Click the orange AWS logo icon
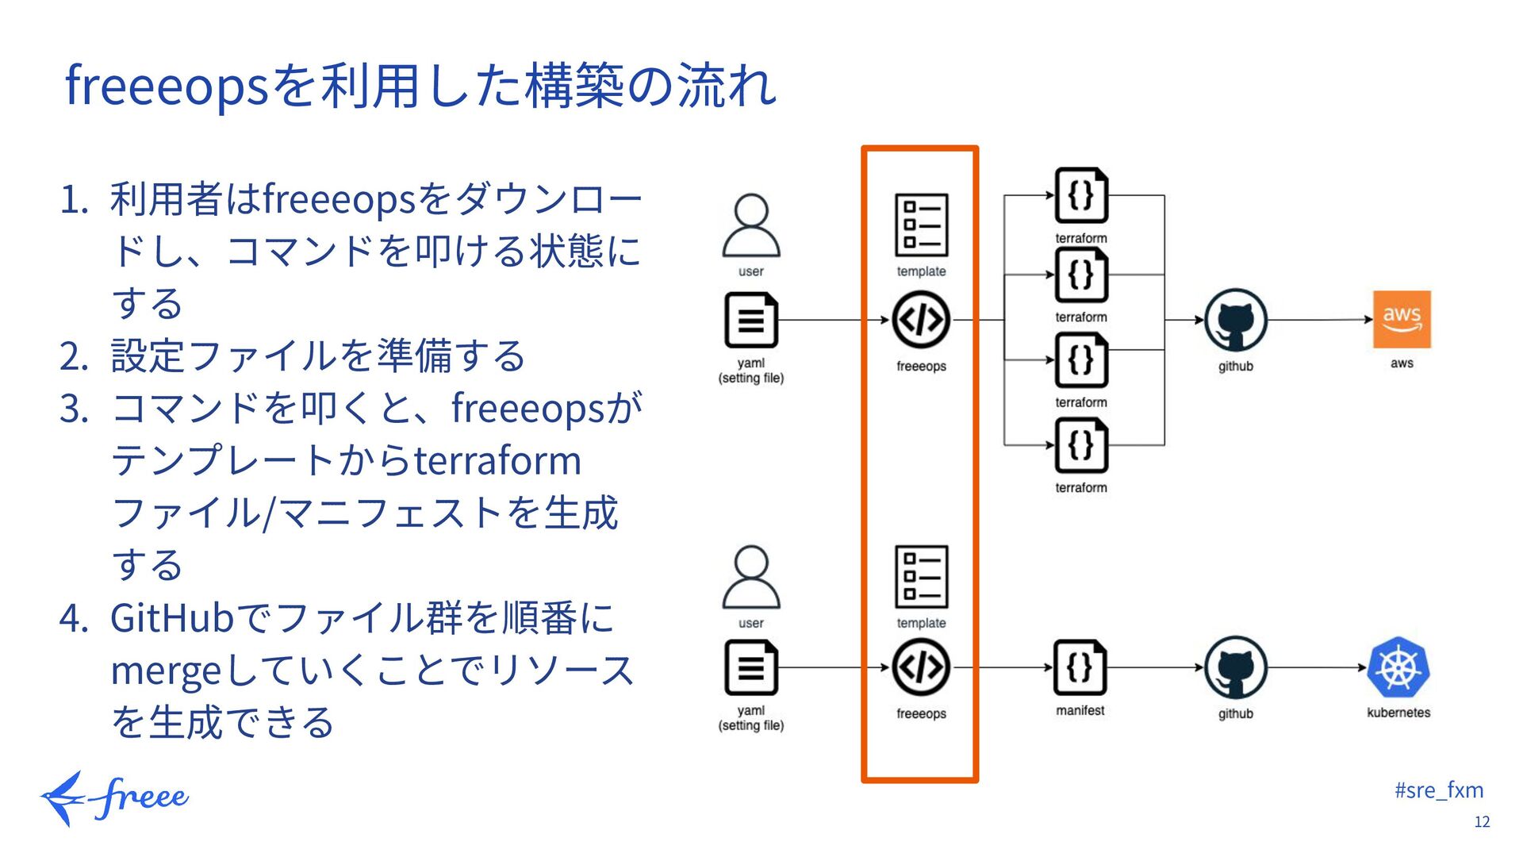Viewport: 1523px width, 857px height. click(x=1402, y=319)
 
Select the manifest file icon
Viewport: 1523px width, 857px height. click(x=1080, y=667)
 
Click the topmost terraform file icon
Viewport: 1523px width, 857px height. click(x=1081, y=195)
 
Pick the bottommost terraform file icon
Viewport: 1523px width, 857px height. click(x=1081, y=445)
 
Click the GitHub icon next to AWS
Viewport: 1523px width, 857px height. click(x=1235, y=320)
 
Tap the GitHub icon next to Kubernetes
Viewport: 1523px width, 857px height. click(x=1235, y=667)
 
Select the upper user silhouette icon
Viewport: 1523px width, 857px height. click(x=750, y=225)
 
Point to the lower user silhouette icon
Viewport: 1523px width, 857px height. click(x=750, y=577)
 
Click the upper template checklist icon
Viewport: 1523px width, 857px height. click(x=921, y=225)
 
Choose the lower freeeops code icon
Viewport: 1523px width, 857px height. click(x=921, y=667)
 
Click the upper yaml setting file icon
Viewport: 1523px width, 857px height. click(x=750, y=320)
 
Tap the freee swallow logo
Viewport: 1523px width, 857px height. click(x=114, y=797)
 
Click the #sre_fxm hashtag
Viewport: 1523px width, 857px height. click(x=1438, y=790)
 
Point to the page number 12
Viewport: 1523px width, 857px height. click(x=1482, y=822)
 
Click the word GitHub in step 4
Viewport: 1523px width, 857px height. click(x=172, y=618)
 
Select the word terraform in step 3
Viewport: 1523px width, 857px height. click(x=497, y=461)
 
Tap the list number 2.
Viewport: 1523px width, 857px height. click(x=73, y=356)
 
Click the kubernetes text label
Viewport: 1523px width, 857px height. click(x=1398, y=713)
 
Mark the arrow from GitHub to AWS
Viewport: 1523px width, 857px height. click(x=1320, y=320)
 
